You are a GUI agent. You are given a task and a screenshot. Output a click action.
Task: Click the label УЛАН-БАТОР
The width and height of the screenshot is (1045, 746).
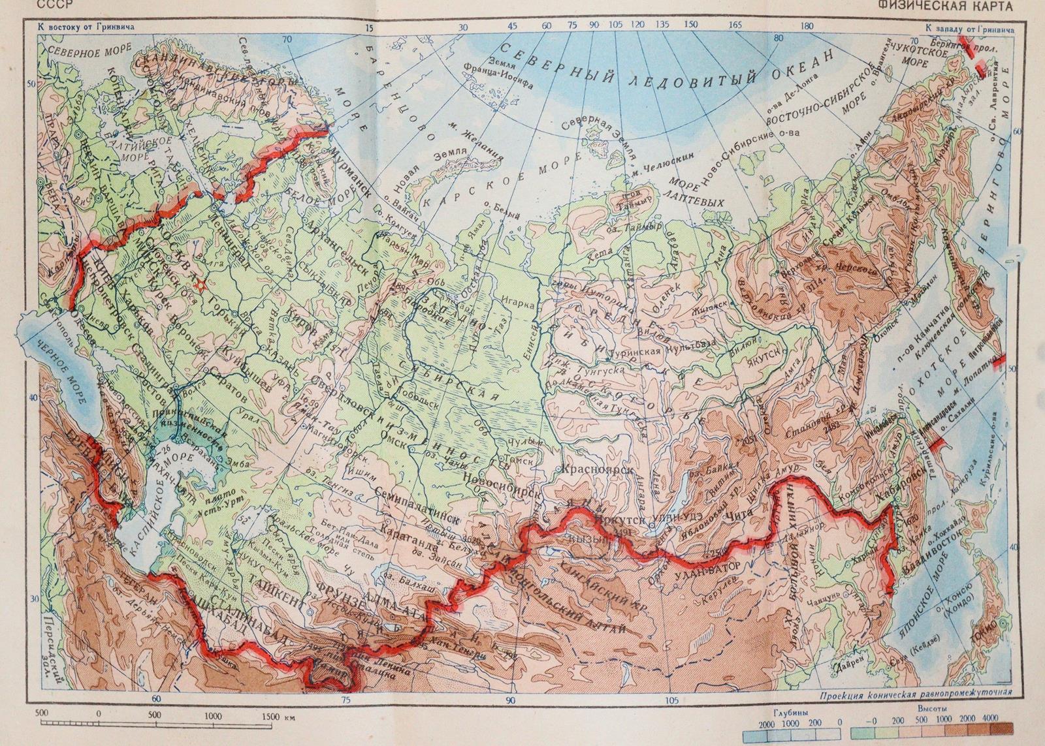[711, 568]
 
